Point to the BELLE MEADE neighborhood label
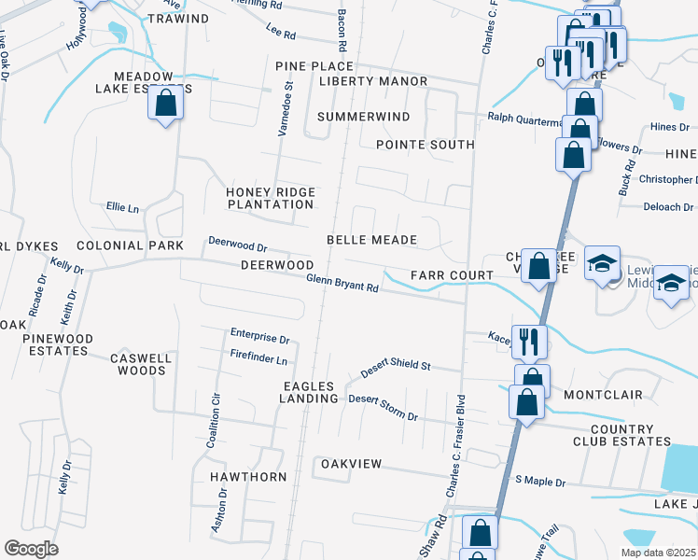pyautogui.click(x=371, y=240)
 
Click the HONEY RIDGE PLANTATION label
pyautogui.click(x=271, y=198)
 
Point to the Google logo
pyautogui.click(x=31, y=548)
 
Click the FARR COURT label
pyautogui.click(x=452, y=275)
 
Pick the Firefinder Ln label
pyautogui.click(x=258, y=358)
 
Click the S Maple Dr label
pyautogui.click(x=540, y=483)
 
